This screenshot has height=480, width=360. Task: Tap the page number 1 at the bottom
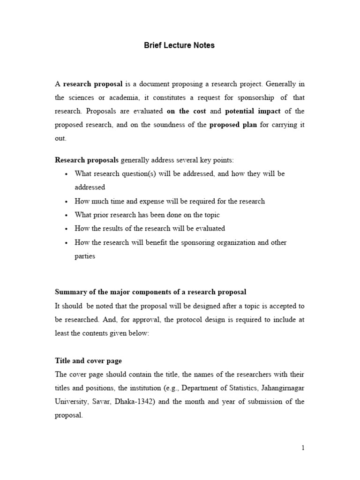[x=303, y=448]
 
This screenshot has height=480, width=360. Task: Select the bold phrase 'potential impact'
[x=253, y=111]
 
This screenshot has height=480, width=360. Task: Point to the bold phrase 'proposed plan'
[x=233, y=125]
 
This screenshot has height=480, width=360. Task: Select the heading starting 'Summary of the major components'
[x=150, y=292]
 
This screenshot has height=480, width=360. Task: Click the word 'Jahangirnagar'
[x=280, y=388]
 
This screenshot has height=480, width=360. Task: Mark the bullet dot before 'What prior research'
[x=67, y=215]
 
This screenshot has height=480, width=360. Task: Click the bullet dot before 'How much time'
[x=67, y=202]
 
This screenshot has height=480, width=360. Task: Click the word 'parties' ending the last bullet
[x=85, y=256]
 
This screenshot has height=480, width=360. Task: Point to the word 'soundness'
[x=174, y=125]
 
